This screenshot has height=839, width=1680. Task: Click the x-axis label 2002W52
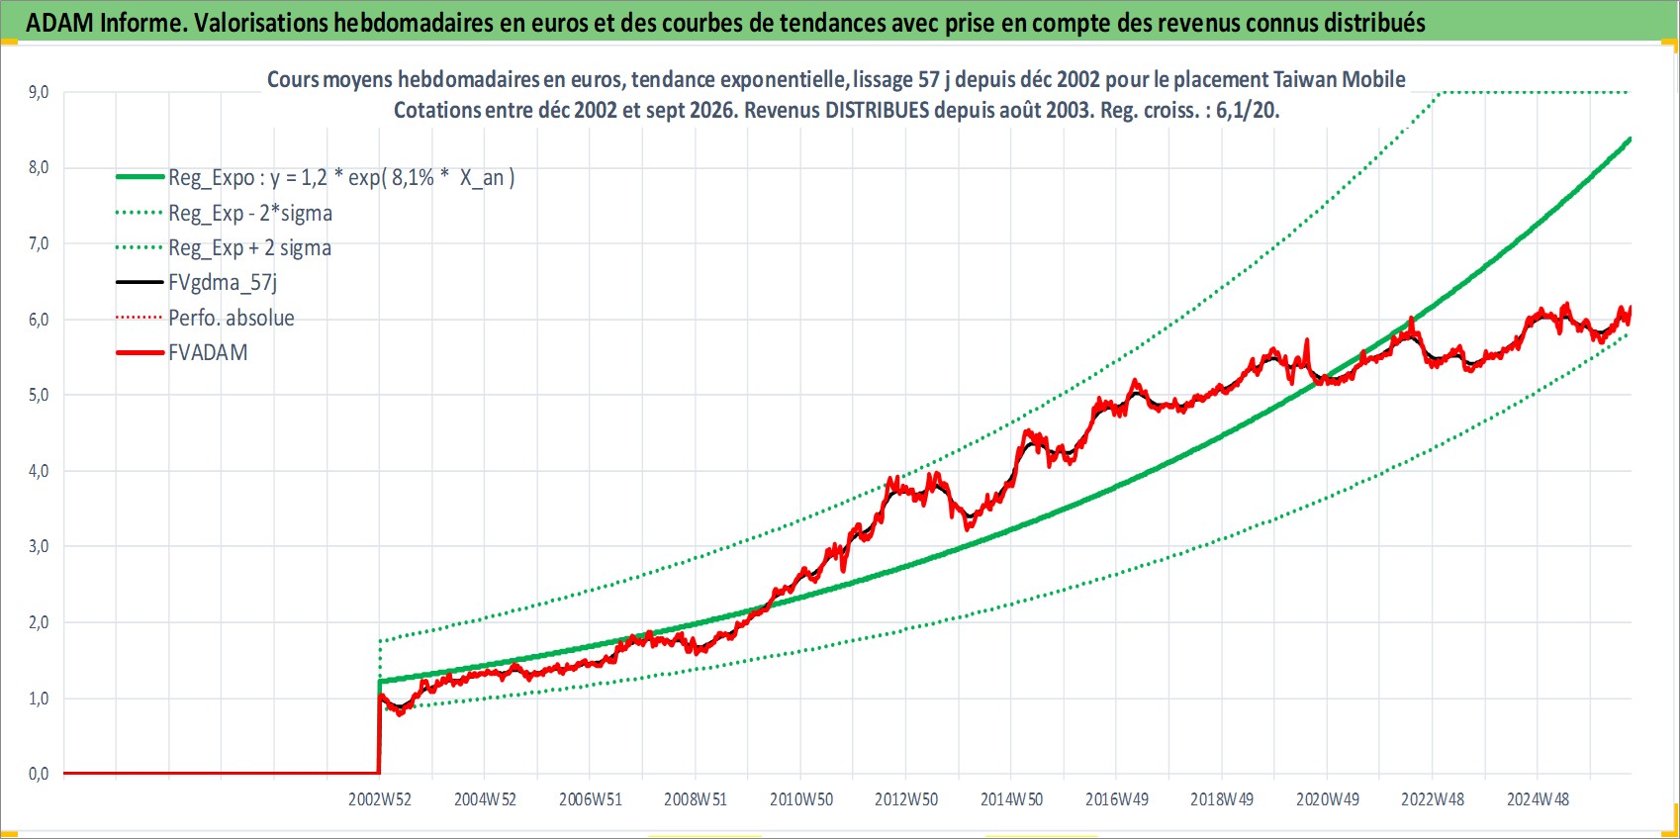(x=380, y=799)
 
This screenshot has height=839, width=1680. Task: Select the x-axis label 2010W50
(x=801, y=799)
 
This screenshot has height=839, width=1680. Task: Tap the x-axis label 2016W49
(x=1117, y=799)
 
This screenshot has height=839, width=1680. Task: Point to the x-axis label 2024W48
(x=1538, y=799)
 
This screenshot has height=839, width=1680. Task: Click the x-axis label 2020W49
(x=1328, y=799)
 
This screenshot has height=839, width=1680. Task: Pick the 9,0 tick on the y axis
(x=39, y=92)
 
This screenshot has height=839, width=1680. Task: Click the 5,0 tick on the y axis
(x=39, y=395)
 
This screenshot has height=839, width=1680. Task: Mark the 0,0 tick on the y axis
(x=39, y=774)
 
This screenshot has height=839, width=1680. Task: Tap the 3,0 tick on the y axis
(x=39, y=546)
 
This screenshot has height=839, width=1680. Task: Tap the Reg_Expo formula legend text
(x=341, y=178)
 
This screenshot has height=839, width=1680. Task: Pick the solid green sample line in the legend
(x=140, y=177)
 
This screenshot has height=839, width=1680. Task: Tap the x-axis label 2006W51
(x=591, y=799)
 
